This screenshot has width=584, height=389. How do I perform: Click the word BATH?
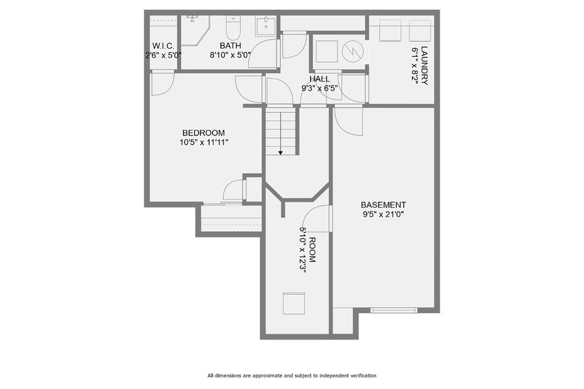point(230,45)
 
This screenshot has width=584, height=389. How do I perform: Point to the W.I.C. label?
point(163,46)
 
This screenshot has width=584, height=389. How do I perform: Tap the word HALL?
point(319,78)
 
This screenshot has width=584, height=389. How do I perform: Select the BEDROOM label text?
point(203,133)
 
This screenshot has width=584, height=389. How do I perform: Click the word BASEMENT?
point(383,205)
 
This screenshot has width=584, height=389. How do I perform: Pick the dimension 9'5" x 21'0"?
point(383,215)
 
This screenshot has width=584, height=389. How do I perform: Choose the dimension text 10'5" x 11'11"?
point(203,143)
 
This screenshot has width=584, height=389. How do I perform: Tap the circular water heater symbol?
point(352,52)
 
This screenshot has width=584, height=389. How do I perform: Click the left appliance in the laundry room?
point(391,31)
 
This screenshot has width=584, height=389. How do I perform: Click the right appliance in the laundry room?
point(420,31)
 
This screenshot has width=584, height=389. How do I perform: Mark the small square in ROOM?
point(294,303)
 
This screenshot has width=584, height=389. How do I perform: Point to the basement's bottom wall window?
point(394,310)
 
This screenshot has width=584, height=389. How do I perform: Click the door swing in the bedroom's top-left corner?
point(162,83)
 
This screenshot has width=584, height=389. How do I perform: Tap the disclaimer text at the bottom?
point(291,375)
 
